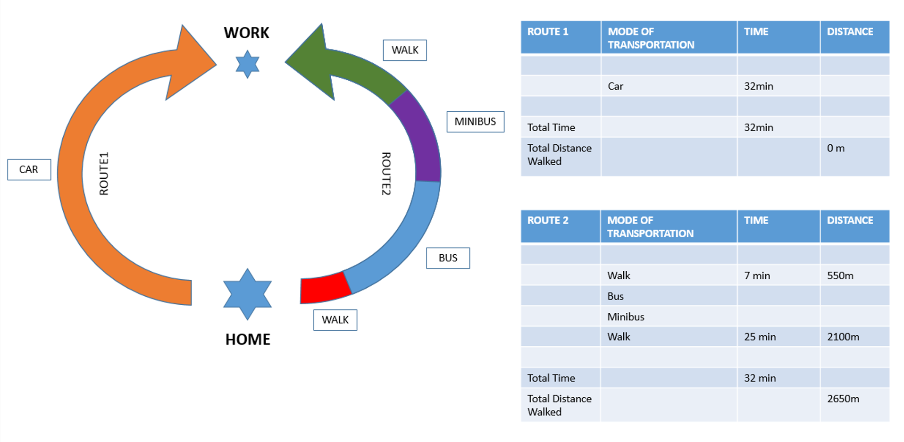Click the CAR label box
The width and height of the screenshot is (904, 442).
coord(29,170)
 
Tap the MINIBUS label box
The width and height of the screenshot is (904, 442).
coord(475,122)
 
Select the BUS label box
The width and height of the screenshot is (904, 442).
coord(448,258)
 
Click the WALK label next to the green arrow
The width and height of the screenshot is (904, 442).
coord(405,50)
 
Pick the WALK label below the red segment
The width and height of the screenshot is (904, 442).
coord(335,320)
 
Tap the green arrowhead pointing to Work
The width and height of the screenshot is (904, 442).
coord(311,61)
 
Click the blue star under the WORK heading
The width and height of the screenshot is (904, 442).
coord(247,64)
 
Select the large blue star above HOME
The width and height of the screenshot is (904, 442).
coord(247,294)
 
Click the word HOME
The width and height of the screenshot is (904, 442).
coord(248,339)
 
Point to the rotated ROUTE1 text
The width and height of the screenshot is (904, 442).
coord(104,174)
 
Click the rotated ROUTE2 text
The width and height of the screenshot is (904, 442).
coord(386,174)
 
